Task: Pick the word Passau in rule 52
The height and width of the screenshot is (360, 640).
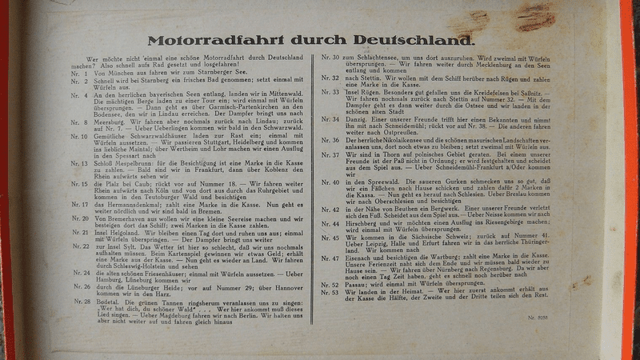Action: [x=358, y=285]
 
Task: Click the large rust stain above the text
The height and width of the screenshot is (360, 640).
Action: [x=534, y=15]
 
